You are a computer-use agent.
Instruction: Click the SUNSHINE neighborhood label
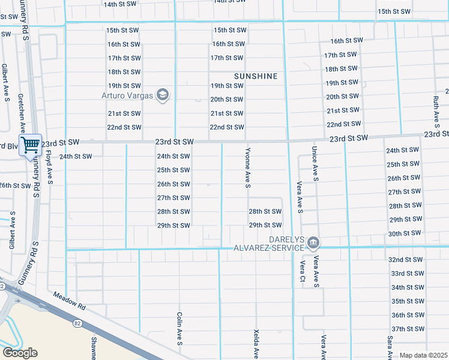coord(256,76)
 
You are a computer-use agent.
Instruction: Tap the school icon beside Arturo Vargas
coord(162,95)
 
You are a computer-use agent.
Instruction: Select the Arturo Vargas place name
coord(127,95)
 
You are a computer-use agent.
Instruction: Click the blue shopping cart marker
coord(29,145)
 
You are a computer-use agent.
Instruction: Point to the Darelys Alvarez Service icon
coord(313,243)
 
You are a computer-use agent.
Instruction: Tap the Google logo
coord(19,353)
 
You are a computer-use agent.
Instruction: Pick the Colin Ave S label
coord(179,328)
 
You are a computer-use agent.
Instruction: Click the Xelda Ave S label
coord(256,344)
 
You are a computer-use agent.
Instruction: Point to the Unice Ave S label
coord(314,163)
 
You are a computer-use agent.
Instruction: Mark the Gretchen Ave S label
coord(20,113)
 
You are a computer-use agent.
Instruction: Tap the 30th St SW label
coord(404,233)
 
